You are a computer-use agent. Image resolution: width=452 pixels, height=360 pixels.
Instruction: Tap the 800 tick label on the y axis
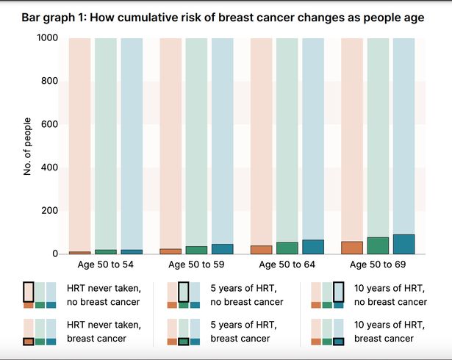point(49,82)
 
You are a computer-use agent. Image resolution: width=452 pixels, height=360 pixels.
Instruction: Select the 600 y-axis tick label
point(49,124)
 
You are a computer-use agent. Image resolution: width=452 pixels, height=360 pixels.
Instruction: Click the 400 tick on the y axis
point(49,168)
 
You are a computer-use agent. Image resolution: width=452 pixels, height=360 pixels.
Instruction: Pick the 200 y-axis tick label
point(49,211)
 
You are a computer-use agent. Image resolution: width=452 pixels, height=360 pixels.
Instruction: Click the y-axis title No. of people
point(26,146)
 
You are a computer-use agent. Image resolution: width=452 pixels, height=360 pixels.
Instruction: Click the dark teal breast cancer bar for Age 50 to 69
point(403,244)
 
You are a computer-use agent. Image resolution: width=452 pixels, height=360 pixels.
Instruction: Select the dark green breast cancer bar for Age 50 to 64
point(287,248)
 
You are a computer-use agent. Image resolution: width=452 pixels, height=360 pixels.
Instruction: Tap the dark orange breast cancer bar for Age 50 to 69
point(351,248)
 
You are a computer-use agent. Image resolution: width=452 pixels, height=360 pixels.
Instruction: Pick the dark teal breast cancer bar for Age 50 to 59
point(222,249)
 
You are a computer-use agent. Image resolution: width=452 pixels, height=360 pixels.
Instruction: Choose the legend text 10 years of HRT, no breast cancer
point(390,294)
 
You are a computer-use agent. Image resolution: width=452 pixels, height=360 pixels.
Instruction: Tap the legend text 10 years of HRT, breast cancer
point(390,331)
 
